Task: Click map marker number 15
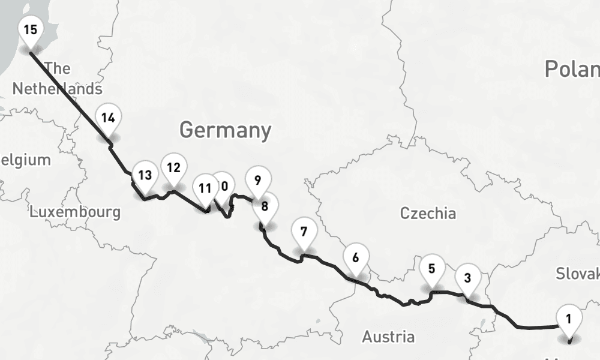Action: tap(30, 29)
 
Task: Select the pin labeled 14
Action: tap(108, 118)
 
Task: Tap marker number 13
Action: tap(145, 176)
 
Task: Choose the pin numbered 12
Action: tap(173, 167)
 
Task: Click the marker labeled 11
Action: tap(205, 188)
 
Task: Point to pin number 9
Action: tap(257, 180)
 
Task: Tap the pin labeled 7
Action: tap(304, 232)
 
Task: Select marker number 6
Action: tap(356, 259)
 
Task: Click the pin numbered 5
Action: tap(432, 269)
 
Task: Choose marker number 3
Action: tap(467, 278)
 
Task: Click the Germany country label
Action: tap(225, 130)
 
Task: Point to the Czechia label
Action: tap(428, 213)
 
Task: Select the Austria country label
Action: tap(388, 337)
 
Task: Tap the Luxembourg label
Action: tap(75, 212)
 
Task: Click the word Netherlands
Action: tap(57, 89)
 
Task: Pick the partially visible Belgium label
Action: tap(25, 160)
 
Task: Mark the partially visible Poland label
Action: tap(572, 69)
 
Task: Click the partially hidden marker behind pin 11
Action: tap(224, 185)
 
